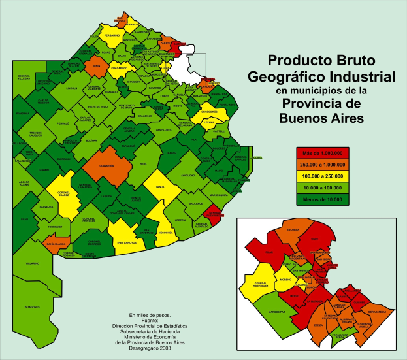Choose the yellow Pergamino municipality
(112, 37)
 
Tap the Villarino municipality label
(33, 263)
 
